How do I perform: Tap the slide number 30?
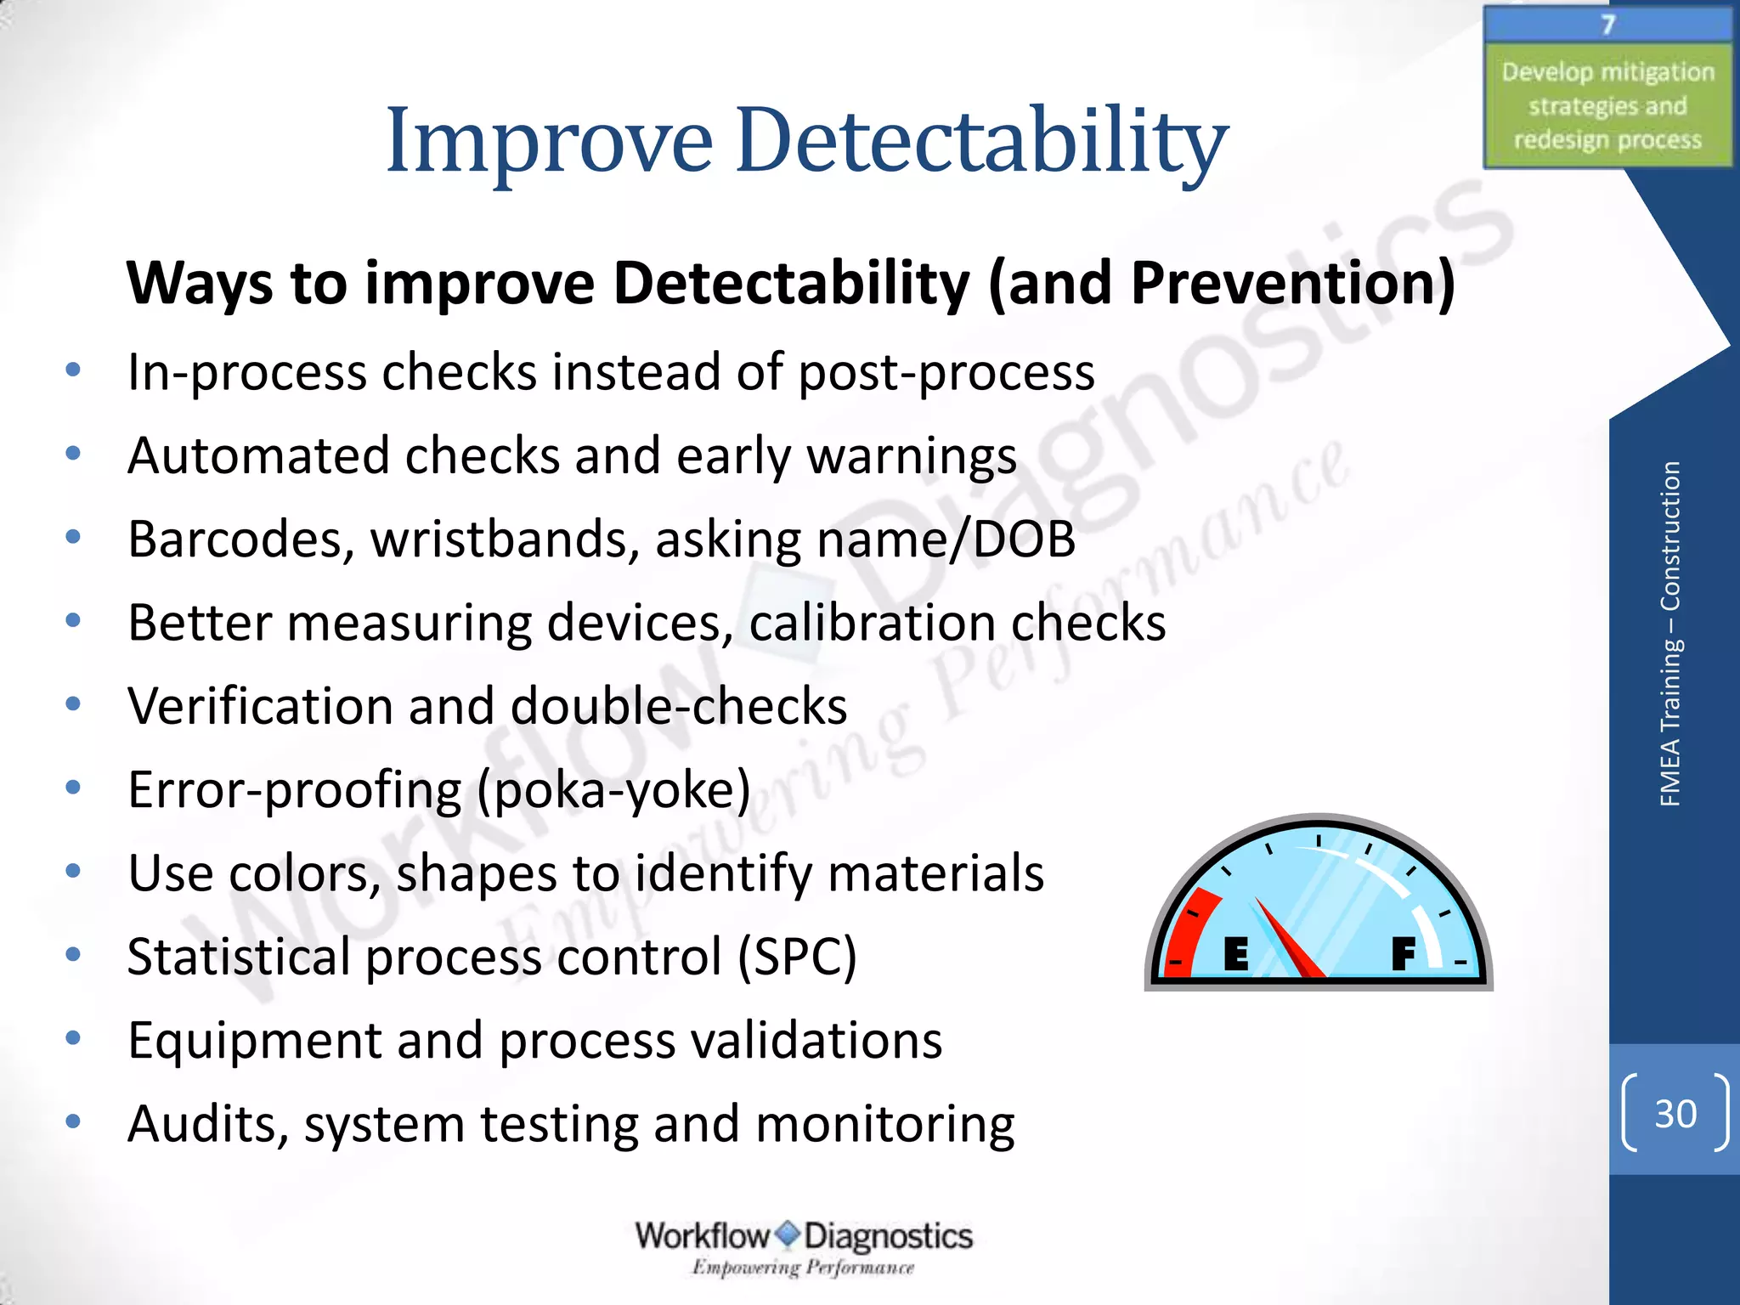[x=1675, y=1114]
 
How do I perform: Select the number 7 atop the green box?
[x=1607, y=25]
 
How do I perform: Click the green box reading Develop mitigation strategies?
[x=1607, y=105]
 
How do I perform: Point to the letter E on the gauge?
[x=1236, y=954]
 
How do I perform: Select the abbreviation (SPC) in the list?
[x=797, y=958]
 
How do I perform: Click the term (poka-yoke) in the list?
[x=613, y=790]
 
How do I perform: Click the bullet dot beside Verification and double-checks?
[x=74, y=704]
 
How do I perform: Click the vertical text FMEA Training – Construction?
[x=1669, y=633]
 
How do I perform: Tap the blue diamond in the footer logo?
[x=788, y=1234]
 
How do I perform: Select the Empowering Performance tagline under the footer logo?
[x=803, y=1268]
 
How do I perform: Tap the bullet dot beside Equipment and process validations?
[x=74, y=1038]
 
